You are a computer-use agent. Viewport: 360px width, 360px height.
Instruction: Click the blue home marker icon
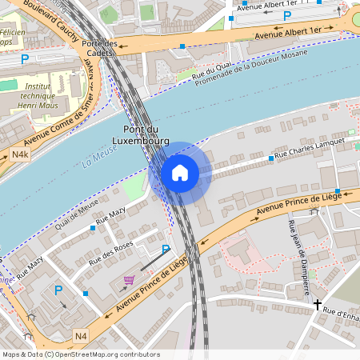(x=180, y=172)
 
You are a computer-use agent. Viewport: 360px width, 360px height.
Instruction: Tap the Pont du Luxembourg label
(x=146, y=135)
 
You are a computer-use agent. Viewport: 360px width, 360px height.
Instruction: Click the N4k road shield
(x=20, y=154)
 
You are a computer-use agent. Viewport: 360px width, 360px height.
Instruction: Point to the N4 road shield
(x=81, y=335)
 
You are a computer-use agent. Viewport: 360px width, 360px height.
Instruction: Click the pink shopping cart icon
(x=129, y=280)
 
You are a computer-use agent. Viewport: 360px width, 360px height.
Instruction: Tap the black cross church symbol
(x=318, y=305)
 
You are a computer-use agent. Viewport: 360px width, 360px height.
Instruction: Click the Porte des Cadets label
(x=99, y=47)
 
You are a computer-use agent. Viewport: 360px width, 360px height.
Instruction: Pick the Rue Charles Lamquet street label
(x=311, y=148)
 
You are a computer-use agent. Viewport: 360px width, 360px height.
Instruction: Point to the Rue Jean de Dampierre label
(x=298, y=247)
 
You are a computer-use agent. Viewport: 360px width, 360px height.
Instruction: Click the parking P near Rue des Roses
(x=166, y=250)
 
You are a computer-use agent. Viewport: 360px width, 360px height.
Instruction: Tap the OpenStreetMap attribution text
(x=80, y=354)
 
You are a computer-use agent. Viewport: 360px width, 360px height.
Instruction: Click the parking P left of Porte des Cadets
(x=25, y=58)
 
